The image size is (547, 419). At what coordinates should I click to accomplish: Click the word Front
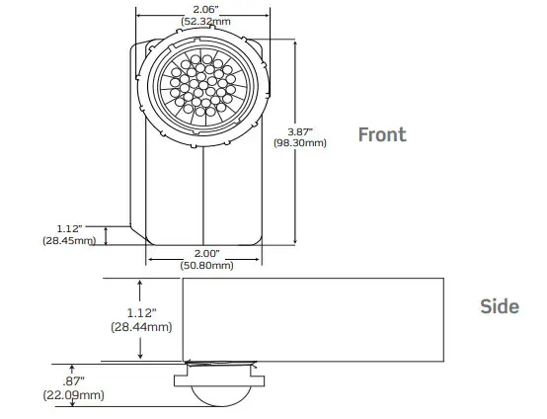pyautogui.click(x=381, y=134)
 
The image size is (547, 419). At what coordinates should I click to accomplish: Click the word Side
pyautogui.click(x=499, y=306)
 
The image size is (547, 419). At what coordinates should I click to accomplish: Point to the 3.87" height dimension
pyautogui.click(x=298, y=130)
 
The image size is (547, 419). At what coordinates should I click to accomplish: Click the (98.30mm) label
pyautogui.click(x=299, y=143)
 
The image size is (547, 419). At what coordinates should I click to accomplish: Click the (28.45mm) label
pyautogui.click(x=68, y=240)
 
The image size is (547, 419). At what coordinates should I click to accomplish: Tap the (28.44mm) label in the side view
pyautogui.click(x=142, y=326)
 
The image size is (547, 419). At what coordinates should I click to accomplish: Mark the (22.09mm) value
pyautogui.click(x=73, y=395)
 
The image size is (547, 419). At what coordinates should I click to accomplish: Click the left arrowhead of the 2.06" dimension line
pyautogui.click(x=138, y=15)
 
